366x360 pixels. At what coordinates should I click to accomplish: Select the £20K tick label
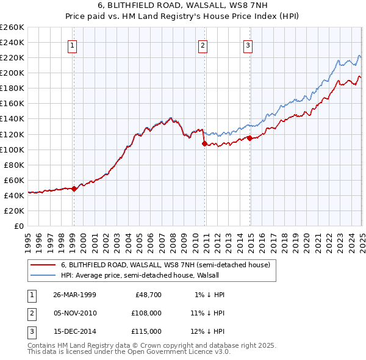(x=14, y=211)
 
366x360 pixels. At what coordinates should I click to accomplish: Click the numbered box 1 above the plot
(x=73, y=45)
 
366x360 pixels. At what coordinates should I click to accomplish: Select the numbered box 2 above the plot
(x=203, y=45)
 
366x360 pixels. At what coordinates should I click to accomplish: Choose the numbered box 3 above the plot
(x=248, y=45)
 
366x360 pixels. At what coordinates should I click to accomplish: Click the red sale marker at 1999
(x=74, y=189)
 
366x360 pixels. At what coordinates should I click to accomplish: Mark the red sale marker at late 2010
(x=204, y=143)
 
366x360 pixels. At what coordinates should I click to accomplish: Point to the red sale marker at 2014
(x=250, y=138)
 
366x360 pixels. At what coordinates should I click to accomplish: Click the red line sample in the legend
(x=43, y=265)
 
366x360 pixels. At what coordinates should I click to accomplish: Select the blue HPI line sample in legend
(x=43, y=275)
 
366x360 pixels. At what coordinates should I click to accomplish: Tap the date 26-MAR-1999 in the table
(x=74, y=295)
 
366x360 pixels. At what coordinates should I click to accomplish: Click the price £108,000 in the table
(x=146, y=313)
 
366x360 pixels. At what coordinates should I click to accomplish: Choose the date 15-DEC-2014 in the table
(x=74, y=331)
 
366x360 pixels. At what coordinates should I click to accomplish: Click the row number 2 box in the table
(x=32, y=313)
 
